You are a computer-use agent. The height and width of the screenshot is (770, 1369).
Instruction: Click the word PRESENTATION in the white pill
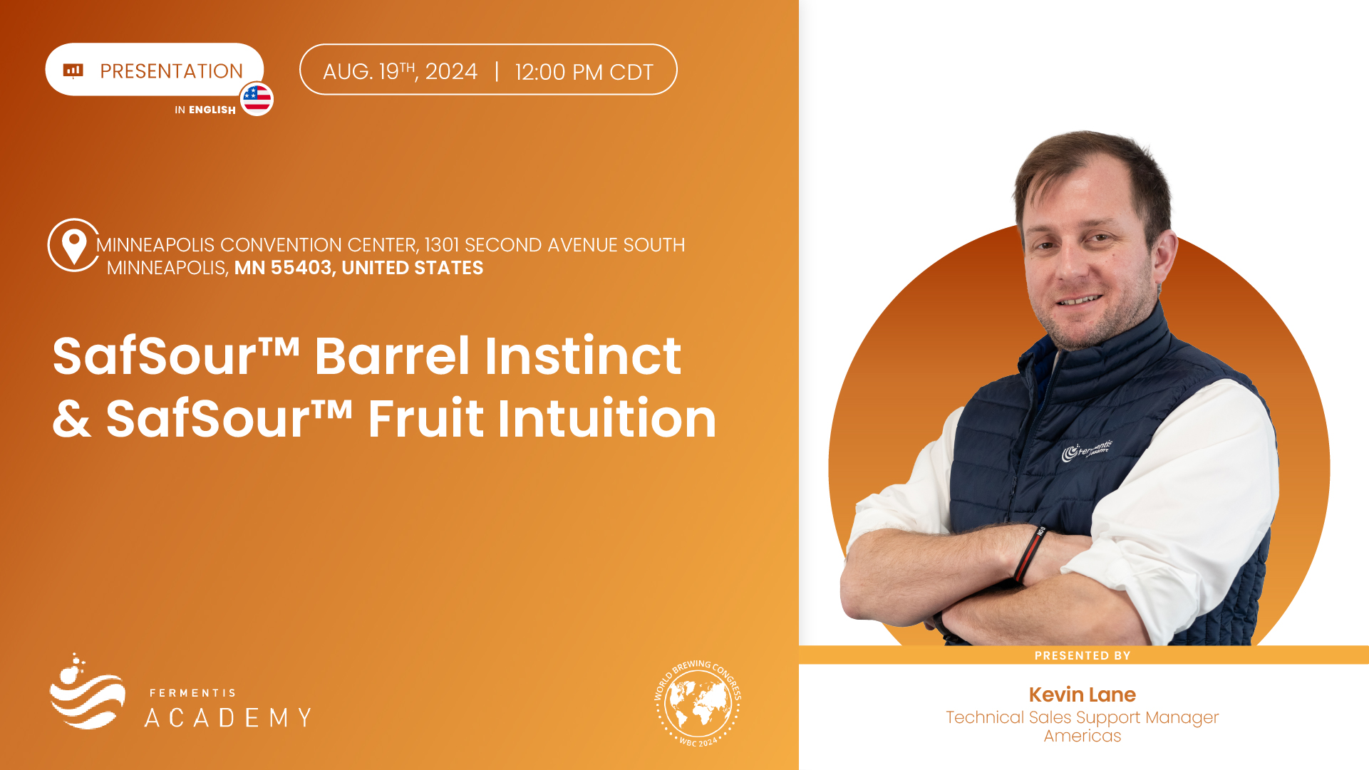pos(171,71)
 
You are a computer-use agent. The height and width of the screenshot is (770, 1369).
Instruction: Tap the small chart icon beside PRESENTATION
pos(73,70)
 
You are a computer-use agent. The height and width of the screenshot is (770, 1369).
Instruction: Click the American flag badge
pos(257,99)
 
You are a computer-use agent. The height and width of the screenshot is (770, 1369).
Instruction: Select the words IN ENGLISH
pos(205,110)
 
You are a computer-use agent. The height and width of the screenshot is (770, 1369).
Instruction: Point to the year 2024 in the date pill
pos(451,71)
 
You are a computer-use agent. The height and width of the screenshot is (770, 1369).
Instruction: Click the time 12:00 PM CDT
pos(584,72)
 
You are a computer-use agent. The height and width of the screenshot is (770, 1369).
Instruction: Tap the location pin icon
pos(74,245)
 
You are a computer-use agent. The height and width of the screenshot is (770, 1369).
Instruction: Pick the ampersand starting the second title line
pos(72,419)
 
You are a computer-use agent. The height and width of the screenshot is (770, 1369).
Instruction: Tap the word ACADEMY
pos(228,717)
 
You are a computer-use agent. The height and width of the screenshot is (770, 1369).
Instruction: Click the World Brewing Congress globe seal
pos(698,703)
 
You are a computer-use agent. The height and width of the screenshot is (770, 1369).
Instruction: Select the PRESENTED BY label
pos(1083,655)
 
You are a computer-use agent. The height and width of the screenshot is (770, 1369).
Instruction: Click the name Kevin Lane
pos(1083,694)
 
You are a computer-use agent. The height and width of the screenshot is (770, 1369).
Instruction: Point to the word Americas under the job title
pos(1083,736)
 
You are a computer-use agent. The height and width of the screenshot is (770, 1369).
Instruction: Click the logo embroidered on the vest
pos(1087,450)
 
